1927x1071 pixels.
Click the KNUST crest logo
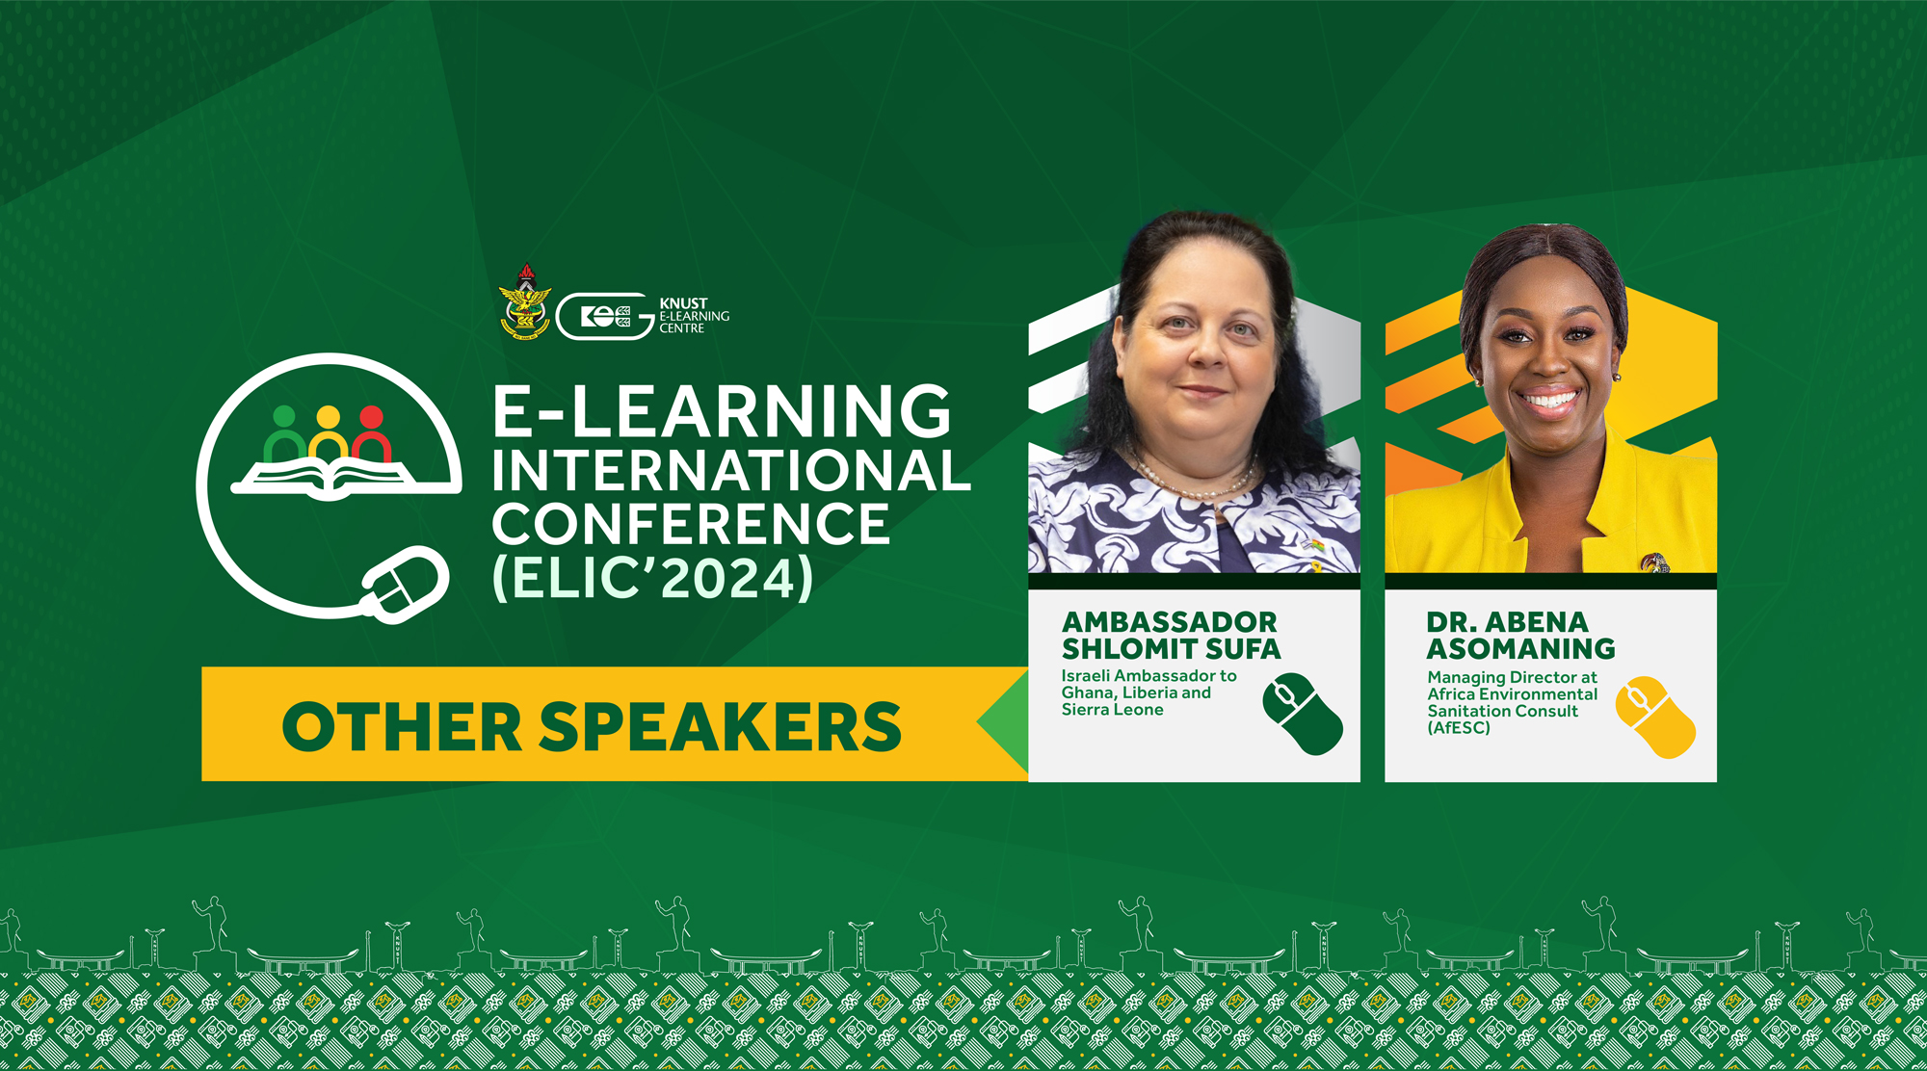[x=525, y=301]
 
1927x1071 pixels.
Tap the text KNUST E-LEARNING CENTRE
[x=694, y=316]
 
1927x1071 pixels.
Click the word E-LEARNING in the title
[x=722, y=411]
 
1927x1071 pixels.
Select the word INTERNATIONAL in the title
[x=731, y=470]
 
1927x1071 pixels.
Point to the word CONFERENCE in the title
[x=691, y=524]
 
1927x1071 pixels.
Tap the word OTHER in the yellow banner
[x=402, y=726]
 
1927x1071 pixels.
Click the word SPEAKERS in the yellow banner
[x=720, y=726]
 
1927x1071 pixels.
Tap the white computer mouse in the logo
[x=406, y=584]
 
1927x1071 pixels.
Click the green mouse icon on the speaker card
[x=1303, y=714]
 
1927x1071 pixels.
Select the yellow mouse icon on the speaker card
[x=1655, y=717]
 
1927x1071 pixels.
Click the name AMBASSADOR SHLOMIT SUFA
[x=1171, y=636]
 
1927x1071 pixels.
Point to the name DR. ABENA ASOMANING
[x=1520, y=636]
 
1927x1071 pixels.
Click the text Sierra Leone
[x=1113, y=710]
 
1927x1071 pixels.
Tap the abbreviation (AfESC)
[x=1459, y=728]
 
